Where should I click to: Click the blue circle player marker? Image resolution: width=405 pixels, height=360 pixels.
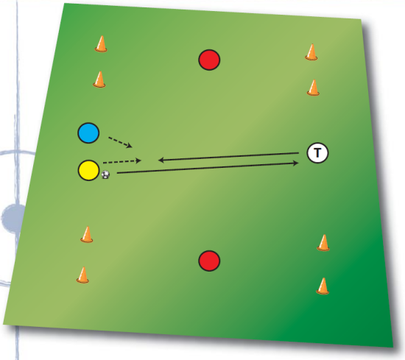click(x=88, y=133)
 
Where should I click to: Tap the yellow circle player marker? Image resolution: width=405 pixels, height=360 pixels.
click(x=88, y=170)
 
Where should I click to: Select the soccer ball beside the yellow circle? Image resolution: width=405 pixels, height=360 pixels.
click(x=105, y=174)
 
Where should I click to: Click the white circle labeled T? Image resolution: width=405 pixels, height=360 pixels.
click(x=317, y=153)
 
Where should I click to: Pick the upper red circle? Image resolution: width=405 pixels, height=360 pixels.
click(x=209, y=60)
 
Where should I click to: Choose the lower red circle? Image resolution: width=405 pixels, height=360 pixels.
click(x=209, y=261)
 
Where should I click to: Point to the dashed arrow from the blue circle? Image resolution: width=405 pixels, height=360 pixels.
click(x=120, y=142)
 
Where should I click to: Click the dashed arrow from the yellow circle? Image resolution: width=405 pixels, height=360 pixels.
click(x=122, y=162)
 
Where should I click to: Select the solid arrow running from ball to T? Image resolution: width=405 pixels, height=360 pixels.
click(x=208, y=168)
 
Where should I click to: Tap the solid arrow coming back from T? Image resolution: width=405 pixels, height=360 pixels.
click(x=228, y=157)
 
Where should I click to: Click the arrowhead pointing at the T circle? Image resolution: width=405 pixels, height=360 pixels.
click(x=296, y=163)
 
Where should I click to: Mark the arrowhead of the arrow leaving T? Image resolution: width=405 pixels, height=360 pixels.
click(x=161, y=160)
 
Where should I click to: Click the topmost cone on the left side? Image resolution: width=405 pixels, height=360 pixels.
click(x=101, y=44)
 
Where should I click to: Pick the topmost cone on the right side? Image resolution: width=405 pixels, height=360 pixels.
click(x=311, y=52)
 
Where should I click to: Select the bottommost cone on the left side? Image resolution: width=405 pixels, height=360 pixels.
click(x=83, y=275)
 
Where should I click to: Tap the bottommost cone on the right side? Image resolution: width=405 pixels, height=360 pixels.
click(x=323, y=286)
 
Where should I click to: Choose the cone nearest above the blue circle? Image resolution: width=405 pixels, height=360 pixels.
click(x=99, y=80)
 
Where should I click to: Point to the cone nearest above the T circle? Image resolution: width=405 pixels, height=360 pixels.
click(x=313, y=88)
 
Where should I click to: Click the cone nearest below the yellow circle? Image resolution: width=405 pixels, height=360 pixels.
click(x=87, y=235)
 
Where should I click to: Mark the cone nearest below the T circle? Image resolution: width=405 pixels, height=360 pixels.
click(x=323, y=243)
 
